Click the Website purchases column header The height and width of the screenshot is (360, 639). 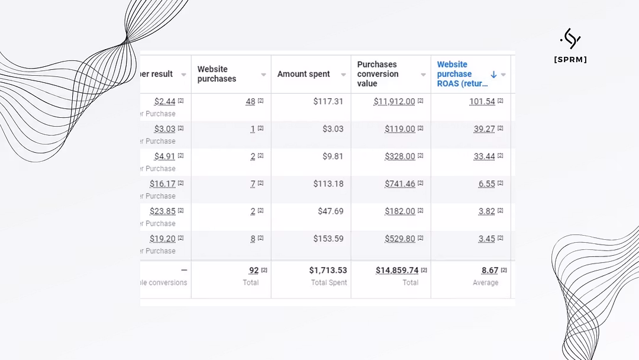coord(217,74)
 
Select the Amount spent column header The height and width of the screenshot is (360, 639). coord(304,74)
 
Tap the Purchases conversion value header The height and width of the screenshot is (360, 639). coord(377,74)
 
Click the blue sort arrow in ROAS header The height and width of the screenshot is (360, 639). coord(493,75)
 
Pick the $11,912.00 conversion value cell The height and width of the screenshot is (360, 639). coord(394,101)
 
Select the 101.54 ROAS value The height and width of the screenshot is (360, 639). coord(482,101)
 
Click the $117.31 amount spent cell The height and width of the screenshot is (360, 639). coord(328,101)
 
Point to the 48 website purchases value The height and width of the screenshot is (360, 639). coord(250,101)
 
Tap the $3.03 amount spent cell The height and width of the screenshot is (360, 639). coord(333,128)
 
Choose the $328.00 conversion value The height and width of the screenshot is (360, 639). coord(399,156)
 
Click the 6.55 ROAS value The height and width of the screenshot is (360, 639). coord(486,184)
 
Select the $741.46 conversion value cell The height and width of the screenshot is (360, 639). coord(399,184)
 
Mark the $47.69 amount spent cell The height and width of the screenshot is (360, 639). coord(330,211)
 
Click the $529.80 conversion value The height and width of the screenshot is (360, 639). coord(399,239)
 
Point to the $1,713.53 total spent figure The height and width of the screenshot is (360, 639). coord(328,270)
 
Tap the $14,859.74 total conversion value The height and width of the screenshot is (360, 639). coord(396,270)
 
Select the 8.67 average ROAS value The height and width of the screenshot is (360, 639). coord(489,270)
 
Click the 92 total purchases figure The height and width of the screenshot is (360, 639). coord(254,270)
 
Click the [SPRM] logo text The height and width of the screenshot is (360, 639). coord(570,59)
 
